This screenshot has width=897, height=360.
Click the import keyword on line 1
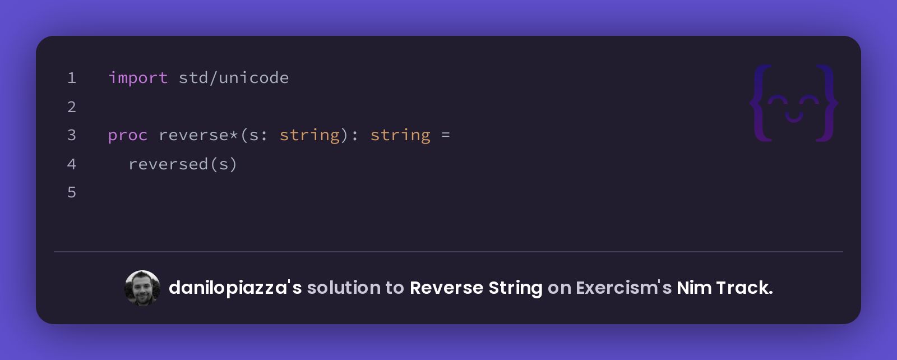pyautogui.click(x=138, y=78)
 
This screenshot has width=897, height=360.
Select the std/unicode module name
pyautogui.click(x=233, y=77)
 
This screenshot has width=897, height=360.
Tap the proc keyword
pyautogui.click(x=128, y=136)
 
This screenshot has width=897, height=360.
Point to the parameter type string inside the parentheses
pyautogui.click(x=309, y=135)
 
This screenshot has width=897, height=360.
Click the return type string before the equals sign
pyautogui.click(x=400, y=135)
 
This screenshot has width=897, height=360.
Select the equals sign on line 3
pyautogui.click(x=445, y=135)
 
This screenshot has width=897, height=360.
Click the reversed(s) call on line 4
pyautogui.click(x=183, y=164)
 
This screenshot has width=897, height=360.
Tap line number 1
pyautogui.click(x=72, y=78)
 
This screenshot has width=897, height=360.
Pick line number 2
pyautogui.click(x=72, y=107)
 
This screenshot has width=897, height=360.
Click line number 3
pyautogui.click(x=72, y=135)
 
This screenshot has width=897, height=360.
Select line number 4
pyautogui.click(x=72, y=164)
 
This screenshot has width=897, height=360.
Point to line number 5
pyautogui.click(x=72, y=192)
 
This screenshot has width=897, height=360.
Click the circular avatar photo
pyautogui.click(x=142, y=288)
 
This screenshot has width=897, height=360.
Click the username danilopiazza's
pyautogui.click(x=235, y=288)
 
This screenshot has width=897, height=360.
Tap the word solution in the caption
pyautogui.click(x=344, y=288)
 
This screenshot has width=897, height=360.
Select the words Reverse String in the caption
pyautogui.click(x=476, y=288)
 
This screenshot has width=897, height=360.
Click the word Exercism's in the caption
pyautogui.click(x=623, y=288)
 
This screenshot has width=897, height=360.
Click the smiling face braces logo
pyautogui.click(x=794, y=103)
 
